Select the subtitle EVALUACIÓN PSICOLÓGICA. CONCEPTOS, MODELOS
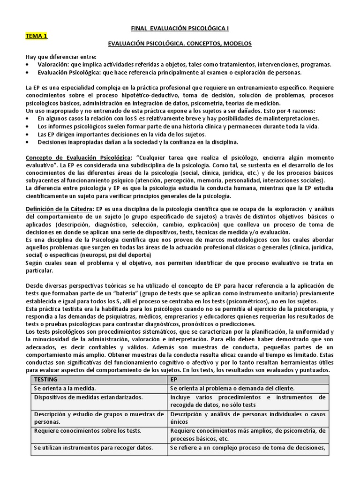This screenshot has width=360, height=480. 180,44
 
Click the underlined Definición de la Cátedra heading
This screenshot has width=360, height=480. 60,208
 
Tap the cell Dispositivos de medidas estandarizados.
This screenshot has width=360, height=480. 88,397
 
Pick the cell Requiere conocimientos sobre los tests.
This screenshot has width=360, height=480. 88,431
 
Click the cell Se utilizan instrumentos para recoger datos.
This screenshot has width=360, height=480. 93,448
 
